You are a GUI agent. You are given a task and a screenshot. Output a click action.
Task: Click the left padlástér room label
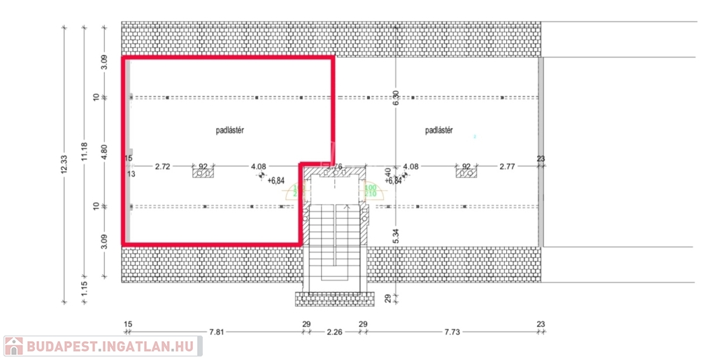pyautogui.click(x=229, y=130)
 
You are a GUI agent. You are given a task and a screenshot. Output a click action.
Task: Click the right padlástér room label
pyautogui.click(x=439, y=130)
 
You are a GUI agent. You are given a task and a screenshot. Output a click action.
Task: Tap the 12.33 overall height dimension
pyautogui.click(x=64, y=165)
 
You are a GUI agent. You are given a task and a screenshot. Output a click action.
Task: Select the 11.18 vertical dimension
pyautogui.click(x=84, y=152)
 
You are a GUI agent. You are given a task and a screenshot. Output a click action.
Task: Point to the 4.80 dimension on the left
pyautogui.click(x=103, y=152)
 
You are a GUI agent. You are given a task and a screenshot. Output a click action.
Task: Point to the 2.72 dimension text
pyautogui.click(x=162, y=166)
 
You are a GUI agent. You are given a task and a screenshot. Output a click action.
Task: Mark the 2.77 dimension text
pyautogui.click(x=508, y=166)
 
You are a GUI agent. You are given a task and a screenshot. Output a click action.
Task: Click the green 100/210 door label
pyautogui.click(x=370, y=190)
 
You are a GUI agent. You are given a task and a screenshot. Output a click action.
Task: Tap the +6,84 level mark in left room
pyautogui.click(x=276, y=180)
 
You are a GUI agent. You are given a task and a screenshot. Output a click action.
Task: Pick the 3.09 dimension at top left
pyautogui.click(x=103, y=62)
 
